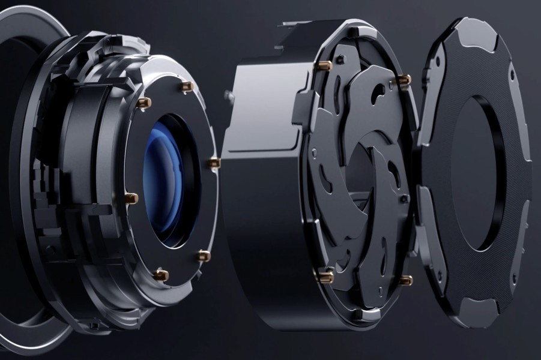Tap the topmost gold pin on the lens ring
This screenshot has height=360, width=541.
187,87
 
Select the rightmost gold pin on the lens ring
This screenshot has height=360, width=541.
214,163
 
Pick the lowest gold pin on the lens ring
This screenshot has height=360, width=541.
161,275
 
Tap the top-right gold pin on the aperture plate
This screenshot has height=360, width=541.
405,79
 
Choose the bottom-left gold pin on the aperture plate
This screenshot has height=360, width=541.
325,276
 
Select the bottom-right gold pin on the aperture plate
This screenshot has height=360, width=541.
406,280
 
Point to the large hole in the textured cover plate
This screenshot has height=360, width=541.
474,174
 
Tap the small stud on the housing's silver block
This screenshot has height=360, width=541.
228,94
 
